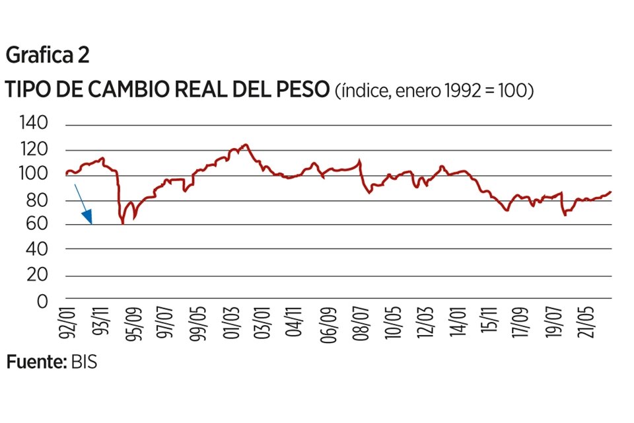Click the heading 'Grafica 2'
48,56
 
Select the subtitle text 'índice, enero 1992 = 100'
435,91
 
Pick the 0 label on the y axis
42,301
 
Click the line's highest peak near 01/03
245,144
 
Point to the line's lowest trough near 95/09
123,223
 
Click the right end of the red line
611,192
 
